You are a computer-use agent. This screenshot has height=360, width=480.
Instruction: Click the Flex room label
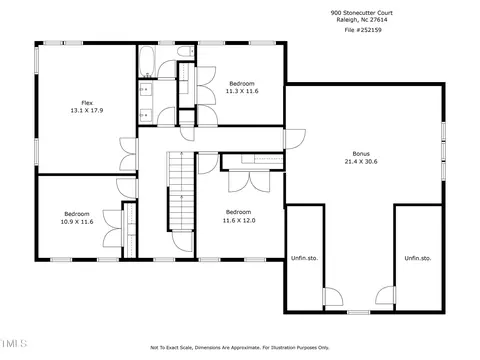point(87,103)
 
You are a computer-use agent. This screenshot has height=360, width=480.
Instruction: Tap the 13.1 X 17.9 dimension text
point(87,110)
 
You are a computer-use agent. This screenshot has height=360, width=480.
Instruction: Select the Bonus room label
point(361,154)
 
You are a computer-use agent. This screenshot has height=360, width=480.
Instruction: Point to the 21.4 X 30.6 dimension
point(361,162)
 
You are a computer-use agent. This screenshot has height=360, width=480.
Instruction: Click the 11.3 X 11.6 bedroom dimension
point(242,91)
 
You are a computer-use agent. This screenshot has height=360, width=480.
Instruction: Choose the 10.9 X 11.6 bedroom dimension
point(77,222)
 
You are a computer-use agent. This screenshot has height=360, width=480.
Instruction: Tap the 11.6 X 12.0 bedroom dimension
point(239,220)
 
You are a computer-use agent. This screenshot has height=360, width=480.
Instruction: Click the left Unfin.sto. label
point(304,258)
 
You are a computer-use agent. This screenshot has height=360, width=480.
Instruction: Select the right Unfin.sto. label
point(418,258)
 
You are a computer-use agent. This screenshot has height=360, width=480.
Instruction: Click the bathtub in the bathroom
point(147,61)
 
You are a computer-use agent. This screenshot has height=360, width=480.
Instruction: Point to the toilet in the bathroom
point(185,51)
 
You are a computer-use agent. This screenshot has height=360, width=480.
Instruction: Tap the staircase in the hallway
point(181,191)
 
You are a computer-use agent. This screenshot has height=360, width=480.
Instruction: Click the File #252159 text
point(363,30)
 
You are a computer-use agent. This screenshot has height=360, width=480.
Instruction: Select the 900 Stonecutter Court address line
point(362,13)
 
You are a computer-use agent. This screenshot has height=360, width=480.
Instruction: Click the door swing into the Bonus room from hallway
point(295,139)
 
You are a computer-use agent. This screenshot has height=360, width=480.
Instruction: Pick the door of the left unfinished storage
point(333,296)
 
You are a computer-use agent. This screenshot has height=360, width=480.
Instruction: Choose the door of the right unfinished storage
point(386,295)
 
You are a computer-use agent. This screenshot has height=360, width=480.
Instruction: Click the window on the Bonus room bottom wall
point(359,312)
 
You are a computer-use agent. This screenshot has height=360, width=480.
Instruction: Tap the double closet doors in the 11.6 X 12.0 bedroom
point(249,181)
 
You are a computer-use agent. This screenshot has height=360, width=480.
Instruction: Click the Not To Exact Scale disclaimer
point(240,348)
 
